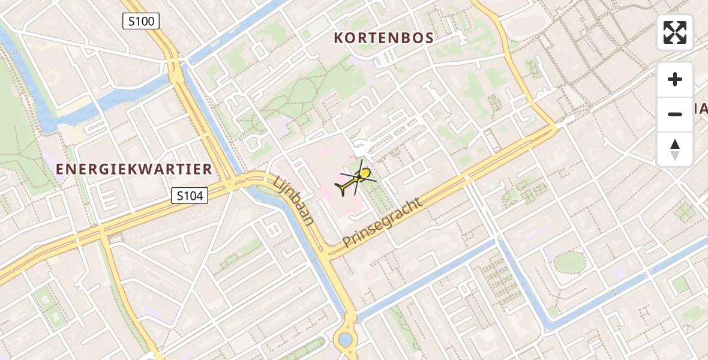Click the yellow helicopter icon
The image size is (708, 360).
click(x=356, y=179)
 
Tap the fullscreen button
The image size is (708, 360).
click(x=675, y=32)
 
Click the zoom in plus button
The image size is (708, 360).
click(x=675, y=79)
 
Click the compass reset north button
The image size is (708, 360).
click(x=675, y=149)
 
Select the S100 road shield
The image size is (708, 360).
click(x=140, y=22)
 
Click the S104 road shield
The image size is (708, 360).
click(x=190, y=195)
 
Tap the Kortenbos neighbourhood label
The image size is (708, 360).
click(x=383, y=38)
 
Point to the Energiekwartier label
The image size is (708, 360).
click(x=134, y=170)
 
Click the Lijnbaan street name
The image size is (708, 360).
click(x=294, y=200)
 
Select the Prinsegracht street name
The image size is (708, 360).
click(x=383, y=221)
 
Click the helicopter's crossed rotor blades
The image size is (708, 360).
click(x=359, y=176)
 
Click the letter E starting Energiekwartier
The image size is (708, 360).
click(x=60, y=170)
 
